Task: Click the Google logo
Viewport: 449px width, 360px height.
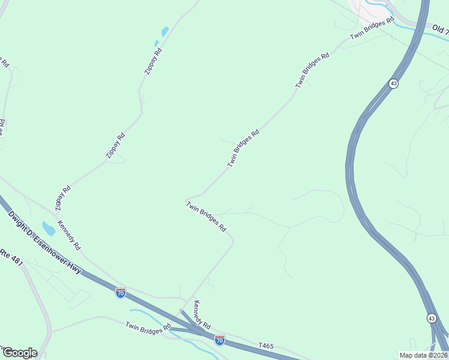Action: click(x=19, y=352)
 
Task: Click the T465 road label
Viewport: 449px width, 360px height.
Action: click(x=265, y=346)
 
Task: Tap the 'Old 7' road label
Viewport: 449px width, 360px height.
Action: click(x=440, y=29)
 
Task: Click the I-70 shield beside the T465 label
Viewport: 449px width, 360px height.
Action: click(x=220, y=340)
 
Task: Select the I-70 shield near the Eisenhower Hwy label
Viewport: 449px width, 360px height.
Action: click(x=121, y=293)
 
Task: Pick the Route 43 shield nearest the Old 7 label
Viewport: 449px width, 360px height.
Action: click(x=393, y=84)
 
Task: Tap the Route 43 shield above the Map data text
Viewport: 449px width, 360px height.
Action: click(x=432, y=318)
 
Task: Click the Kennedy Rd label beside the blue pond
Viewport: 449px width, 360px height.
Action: click(x=69, y=236)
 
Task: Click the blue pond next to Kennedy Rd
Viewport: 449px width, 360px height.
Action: click(x=48, y=228)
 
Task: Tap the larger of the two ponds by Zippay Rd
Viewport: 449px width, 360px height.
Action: click(x=164, y=31)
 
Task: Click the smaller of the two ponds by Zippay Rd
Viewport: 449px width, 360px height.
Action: click(x=157, y=43)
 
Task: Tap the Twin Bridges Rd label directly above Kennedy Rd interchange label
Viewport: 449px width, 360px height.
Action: click(x=205, y=217)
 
